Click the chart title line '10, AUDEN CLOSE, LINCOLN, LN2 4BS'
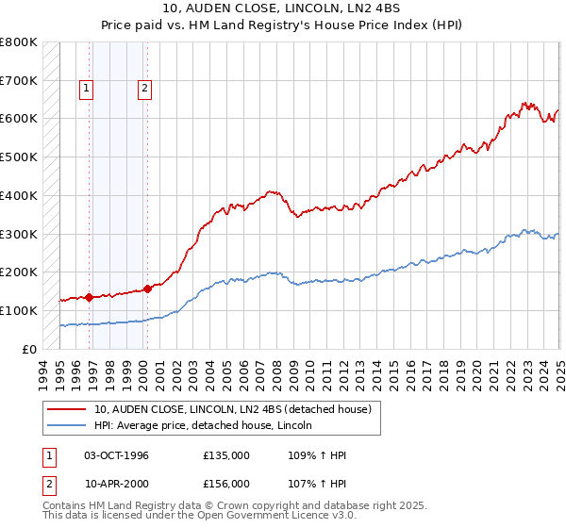(x=283, y=8)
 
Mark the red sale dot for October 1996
(x=89, y=297)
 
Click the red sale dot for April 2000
(x=147, y=289)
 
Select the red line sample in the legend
(x=67, y=409)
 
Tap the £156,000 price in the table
(x=226, y=484)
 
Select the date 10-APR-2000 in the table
(x=116, y=484)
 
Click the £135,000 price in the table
(x=226, y=455)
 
